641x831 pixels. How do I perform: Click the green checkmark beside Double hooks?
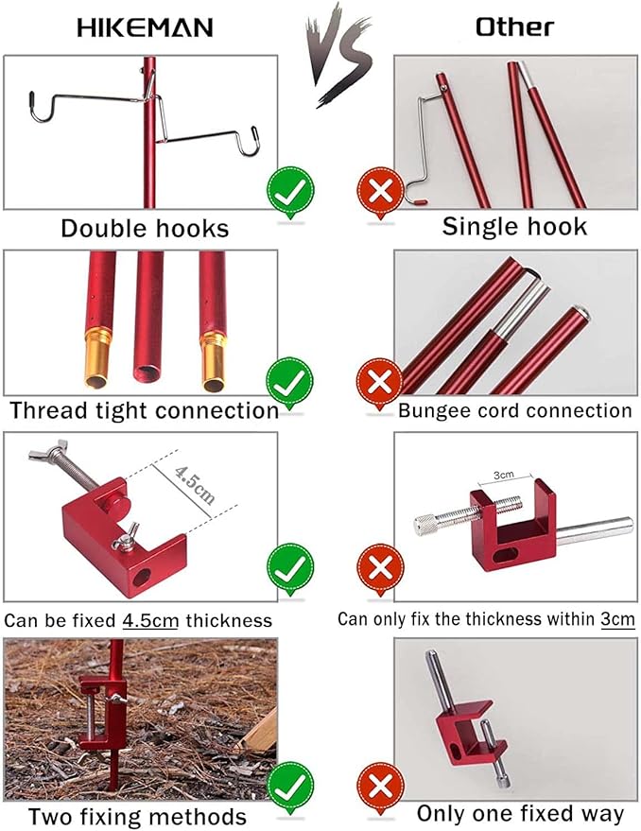tap(289, 193)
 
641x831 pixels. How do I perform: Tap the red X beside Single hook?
tap(379, 193)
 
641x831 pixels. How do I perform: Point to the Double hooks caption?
tap(145, 228)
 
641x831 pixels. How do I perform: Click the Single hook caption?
tap(514, 227)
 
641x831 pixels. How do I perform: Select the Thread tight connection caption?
tap(145, 410)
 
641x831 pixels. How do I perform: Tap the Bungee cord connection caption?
tap(514, 410)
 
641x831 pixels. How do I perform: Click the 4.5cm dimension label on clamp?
tap(195, 485)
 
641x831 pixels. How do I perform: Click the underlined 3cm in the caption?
tap(618, 619)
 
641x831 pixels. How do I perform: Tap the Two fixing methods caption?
tap(137, 817)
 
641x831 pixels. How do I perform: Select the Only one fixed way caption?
tap(520, 813)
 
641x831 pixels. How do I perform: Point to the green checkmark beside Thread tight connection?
tap(289, 383)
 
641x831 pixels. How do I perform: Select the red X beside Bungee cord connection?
tap(379, 384)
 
